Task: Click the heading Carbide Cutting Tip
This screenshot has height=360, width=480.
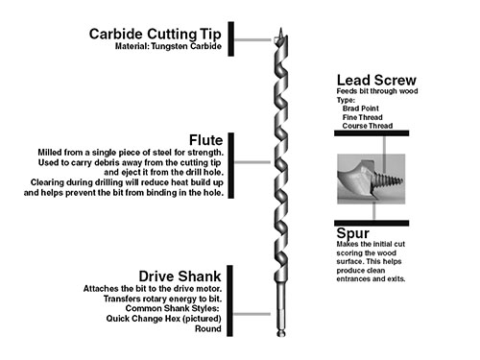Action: (156, 34)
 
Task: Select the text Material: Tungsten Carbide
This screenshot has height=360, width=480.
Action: (168, 46)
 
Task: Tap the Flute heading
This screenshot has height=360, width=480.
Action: (205, 140)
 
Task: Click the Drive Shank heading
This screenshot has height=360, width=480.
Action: (180, 276)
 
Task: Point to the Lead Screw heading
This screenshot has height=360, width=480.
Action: (376, 80)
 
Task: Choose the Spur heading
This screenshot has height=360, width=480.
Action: (352, 233)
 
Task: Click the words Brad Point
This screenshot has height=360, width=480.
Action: (360, 108)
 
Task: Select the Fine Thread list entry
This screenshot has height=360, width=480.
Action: (362, 117)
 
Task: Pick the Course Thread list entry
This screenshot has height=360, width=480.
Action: (368, 126)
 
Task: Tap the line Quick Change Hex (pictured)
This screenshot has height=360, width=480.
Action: (163, 319)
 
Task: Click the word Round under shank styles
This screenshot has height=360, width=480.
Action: (208, 328)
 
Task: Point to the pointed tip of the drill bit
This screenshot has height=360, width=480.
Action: (281, 29)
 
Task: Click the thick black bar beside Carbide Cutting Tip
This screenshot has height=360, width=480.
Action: (230, 39)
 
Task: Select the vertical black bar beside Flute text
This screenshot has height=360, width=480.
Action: (230, 165)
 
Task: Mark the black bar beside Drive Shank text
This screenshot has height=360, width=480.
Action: (229, 300)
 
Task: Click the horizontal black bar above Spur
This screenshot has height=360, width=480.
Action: (372, 223)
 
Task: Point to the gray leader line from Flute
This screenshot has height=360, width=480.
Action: (252, 162)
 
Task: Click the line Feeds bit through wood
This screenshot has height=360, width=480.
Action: (377, 91)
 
